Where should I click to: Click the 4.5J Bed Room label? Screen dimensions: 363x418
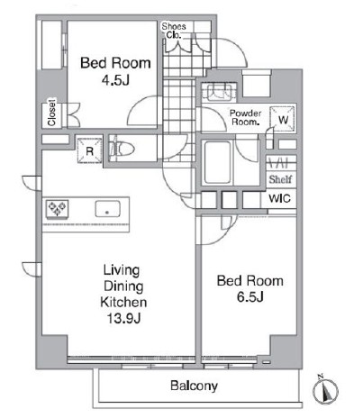115,71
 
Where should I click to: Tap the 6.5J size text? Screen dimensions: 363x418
250,297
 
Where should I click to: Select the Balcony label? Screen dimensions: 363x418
194,386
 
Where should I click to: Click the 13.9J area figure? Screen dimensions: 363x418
123,318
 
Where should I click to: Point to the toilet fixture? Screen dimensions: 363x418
122,149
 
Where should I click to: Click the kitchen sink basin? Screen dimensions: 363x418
107,209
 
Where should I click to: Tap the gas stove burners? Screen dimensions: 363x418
57,208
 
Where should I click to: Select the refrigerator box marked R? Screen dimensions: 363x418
90,150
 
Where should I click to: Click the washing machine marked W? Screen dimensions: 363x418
282,119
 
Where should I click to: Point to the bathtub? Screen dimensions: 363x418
217,162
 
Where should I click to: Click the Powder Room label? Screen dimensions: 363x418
246,117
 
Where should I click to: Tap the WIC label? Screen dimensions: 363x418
279,198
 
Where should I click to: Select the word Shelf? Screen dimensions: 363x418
280,179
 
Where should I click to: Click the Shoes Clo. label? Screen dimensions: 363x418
174,31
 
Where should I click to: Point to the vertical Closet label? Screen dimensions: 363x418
51,113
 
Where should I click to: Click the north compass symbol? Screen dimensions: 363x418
325,391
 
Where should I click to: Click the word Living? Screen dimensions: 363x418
122,270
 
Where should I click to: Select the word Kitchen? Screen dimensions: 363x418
123,302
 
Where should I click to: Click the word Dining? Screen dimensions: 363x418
123,286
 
